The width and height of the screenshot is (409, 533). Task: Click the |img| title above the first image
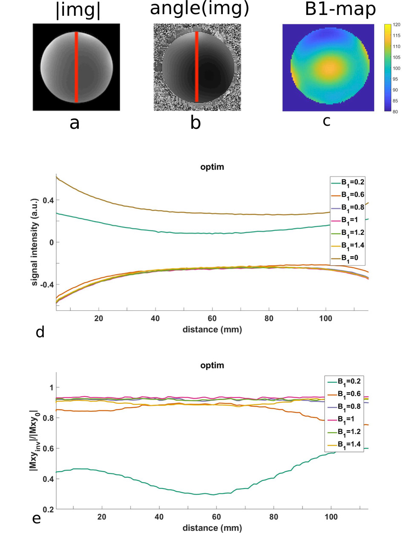[x=78, y=10]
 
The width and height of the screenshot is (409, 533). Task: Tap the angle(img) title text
[x=199, y=8]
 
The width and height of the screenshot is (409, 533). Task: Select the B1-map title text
[x=340, y=9]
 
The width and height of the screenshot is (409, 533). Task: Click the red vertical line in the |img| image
[x=76, y=67]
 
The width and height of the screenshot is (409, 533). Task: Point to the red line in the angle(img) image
[x=197, y=67]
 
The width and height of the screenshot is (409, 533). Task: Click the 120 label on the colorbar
[x=396, y=25]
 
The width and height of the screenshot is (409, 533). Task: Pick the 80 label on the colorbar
[x=395, y=112]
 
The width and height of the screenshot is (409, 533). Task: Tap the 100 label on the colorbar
[x=396, y=68]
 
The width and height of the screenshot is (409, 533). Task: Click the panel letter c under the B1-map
[x=326, y=121]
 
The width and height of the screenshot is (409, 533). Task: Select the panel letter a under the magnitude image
[x=75, y=123]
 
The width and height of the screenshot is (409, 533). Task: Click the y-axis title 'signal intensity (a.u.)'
[x=35, y=242]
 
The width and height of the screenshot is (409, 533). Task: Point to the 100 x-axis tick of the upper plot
[x=325, y=318]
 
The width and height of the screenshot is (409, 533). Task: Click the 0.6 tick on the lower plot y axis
[x=48, y=448]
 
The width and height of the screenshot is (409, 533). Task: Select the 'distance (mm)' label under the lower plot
[x=212, y=528]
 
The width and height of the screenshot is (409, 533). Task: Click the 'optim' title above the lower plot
[x=212, y=365]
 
